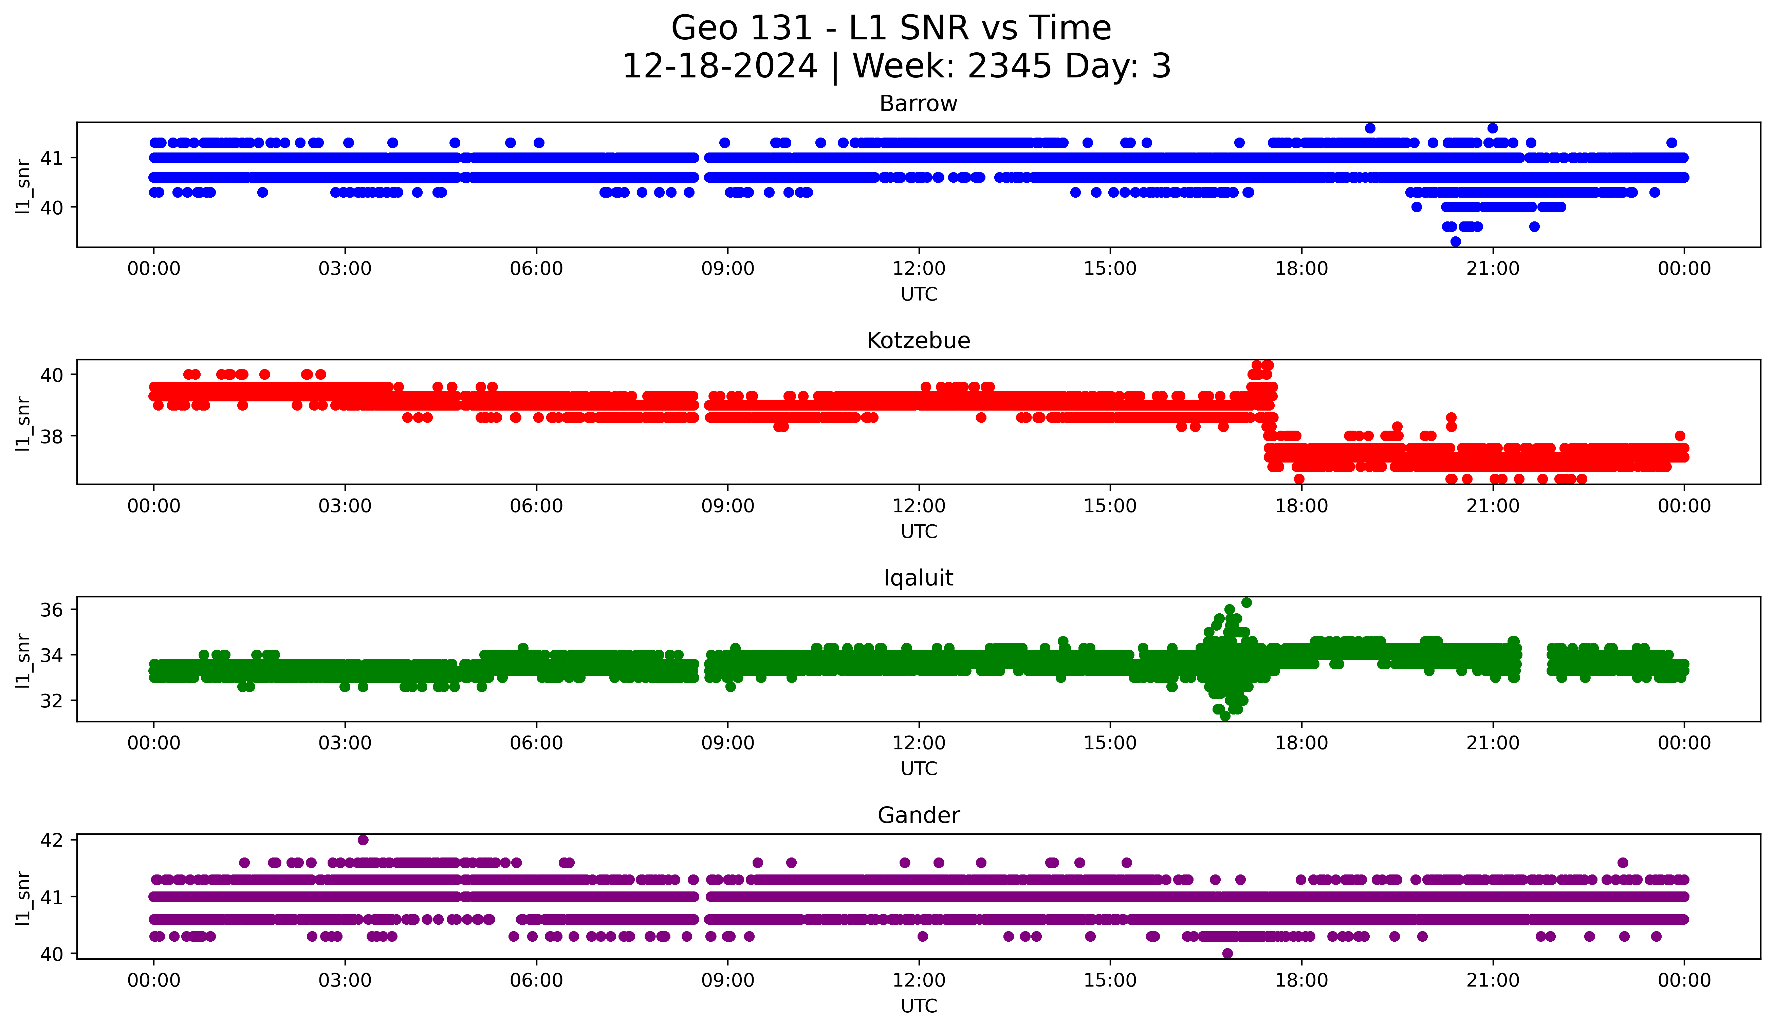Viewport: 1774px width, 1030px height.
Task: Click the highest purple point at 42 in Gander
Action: [x=363, y=840]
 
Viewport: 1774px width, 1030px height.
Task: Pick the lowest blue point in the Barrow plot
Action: [x=1456, y=241]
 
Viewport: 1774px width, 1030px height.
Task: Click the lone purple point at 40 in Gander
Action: [x=1228, y=953]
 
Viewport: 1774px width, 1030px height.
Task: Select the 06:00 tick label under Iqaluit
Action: [x=536, y=743]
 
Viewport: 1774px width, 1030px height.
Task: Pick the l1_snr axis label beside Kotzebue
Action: [x=22, y=422]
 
